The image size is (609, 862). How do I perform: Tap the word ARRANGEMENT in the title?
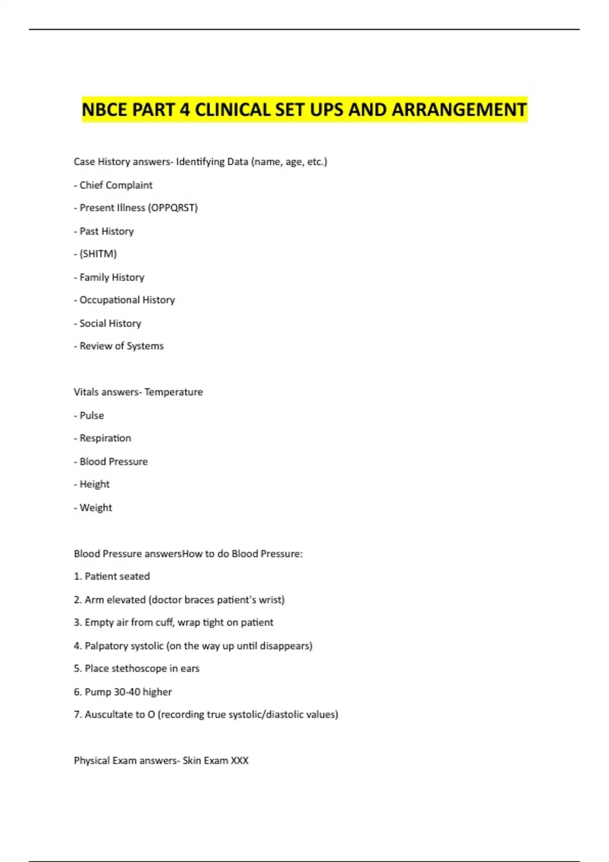coord(459,110)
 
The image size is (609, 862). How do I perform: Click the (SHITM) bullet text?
coord(98,254)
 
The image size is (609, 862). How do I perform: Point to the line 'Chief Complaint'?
coord(116,185)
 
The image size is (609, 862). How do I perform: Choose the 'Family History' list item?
coord(112,277)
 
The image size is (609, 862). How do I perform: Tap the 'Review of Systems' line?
coord(121,346)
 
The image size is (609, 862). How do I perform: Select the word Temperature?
coord(174,392)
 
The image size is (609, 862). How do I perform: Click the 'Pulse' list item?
coord(91,415)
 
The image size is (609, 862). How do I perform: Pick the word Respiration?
coord(105,438)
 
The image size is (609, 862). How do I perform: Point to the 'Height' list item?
coord(94,484)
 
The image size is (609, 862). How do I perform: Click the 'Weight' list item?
coord(95,508)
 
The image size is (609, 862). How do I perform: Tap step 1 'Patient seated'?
coord(117,577)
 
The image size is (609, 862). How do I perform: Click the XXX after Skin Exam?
coord(240,761)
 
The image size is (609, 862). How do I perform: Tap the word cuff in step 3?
coord(164,623)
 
